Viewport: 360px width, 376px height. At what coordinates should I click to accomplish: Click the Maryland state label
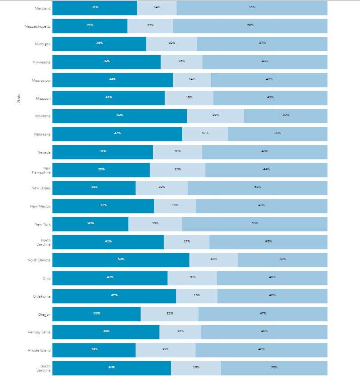point(43,8)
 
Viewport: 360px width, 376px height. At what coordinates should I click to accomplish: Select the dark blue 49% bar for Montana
point(120,116)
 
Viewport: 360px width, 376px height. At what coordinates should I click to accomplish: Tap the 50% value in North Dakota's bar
point(121,260)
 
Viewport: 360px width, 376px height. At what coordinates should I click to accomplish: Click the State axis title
point(19,98)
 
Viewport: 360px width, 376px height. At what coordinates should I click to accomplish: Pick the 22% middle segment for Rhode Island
point(165,350)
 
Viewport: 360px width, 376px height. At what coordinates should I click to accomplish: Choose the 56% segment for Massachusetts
point(250,26)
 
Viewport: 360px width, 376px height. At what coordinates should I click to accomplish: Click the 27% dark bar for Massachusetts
point(90,26)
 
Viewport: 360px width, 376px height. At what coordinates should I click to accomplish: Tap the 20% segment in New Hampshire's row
point(178,169)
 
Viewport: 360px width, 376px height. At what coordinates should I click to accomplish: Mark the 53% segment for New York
point(255,224)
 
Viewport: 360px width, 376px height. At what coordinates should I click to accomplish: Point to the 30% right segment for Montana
point(286,116)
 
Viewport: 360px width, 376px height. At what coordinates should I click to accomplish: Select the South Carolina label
point(44,367)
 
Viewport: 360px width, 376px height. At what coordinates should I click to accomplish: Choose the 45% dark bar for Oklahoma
point(114,296)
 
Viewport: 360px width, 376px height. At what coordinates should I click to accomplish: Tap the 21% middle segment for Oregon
point(170,313)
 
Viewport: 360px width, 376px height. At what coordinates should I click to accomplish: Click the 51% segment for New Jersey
point(258,188)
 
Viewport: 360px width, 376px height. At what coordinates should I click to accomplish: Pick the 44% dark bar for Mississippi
point(113,80)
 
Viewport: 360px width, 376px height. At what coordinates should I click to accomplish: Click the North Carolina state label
point(44,242)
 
